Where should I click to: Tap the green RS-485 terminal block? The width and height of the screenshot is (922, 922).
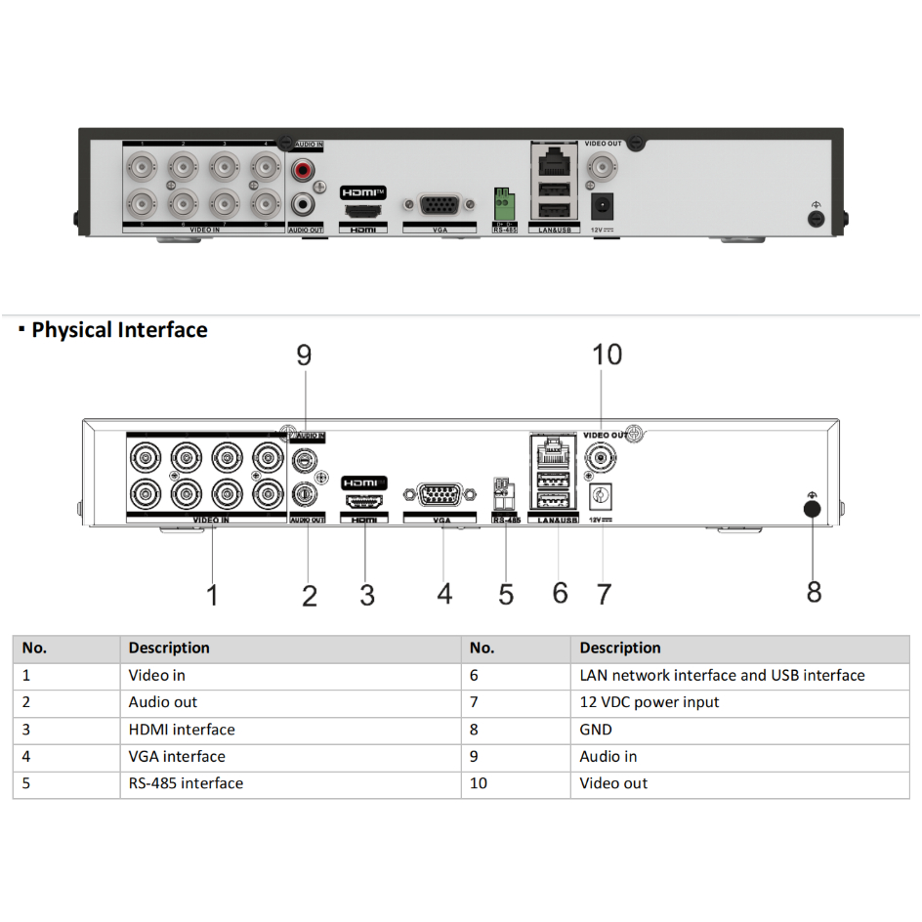(x=504, y=205)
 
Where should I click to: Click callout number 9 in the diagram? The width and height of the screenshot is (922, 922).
(x=304, y=356)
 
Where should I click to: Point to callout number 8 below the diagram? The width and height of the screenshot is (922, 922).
(x=814, y=592)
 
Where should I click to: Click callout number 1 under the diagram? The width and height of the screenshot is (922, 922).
(x=213, y=594)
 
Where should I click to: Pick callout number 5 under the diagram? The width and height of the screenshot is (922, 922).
(x=506, y=594)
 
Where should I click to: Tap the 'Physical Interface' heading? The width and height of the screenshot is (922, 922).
(x=119, y=330)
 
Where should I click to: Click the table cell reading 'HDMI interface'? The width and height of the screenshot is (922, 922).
(x=182, y=730)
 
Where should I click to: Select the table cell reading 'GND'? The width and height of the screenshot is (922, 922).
(x=596, y=730)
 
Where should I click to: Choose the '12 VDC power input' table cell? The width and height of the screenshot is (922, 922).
(x=650, y=702)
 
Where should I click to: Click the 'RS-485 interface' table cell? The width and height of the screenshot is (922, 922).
(x=186, y=783)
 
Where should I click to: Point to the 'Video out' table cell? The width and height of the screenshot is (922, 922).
(x=613, y=783)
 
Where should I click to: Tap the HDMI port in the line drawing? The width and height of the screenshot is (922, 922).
(x=363, y=502)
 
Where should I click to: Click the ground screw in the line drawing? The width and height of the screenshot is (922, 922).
(x=811, y=507)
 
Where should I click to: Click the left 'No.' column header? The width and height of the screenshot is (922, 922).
(x=34, y=648)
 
